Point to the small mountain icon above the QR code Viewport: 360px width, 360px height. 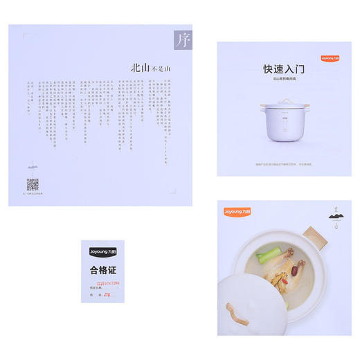33,166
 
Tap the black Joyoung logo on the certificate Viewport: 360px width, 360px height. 101,253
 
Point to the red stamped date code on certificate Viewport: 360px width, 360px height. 108,284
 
